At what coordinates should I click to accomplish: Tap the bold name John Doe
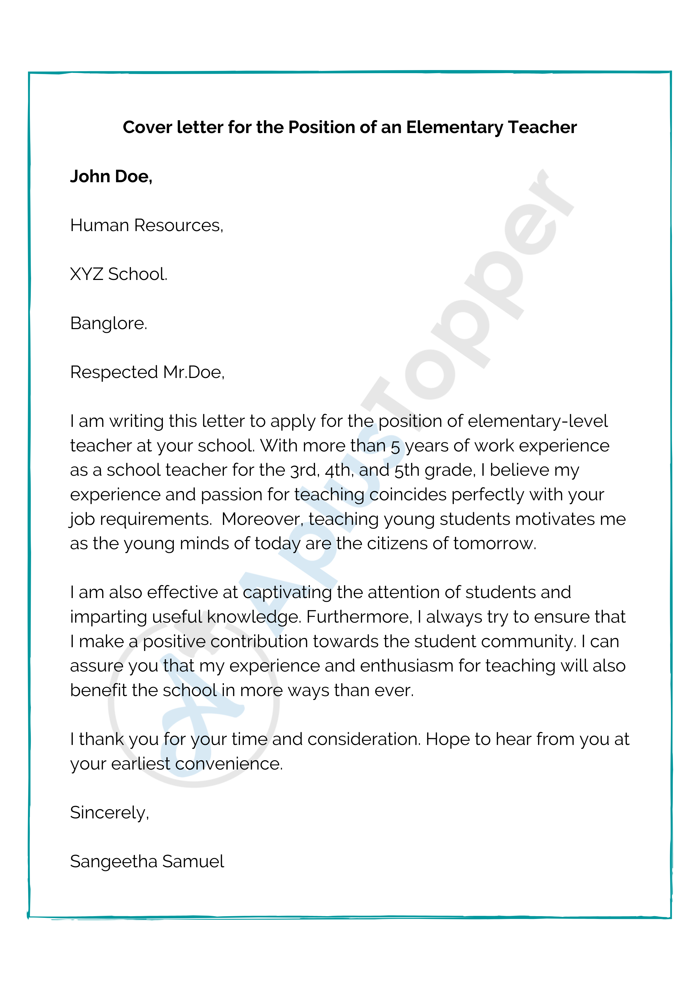(x=111, y=177)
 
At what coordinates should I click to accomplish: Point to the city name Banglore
(x=109, y=323)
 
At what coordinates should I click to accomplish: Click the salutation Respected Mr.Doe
(x=147, y=372)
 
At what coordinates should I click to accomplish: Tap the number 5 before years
(x=395, y=447)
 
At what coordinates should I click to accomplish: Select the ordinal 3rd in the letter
(x=305, y=470)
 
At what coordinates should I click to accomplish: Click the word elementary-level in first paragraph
(x=537, y=421)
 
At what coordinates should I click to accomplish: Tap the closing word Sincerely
(x=109, y=813)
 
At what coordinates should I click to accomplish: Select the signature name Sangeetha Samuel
(x=147, y=862)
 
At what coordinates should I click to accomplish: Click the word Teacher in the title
(x=542, y=127)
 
